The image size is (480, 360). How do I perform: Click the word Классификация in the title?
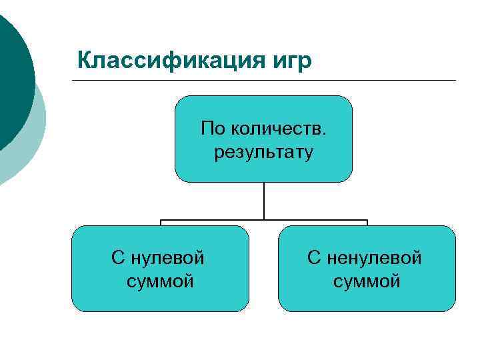171,61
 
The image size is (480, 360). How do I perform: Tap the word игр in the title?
291,61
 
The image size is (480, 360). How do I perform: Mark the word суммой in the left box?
160,281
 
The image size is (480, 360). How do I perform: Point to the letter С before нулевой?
117,257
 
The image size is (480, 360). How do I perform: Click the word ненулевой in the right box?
374,257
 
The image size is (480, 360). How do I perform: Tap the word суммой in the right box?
367,281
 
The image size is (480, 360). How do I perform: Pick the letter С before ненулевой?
313,257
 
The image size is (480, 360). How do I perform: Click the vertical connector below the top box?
264,200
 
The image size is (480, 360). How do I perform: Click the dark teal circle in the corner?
12,80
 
